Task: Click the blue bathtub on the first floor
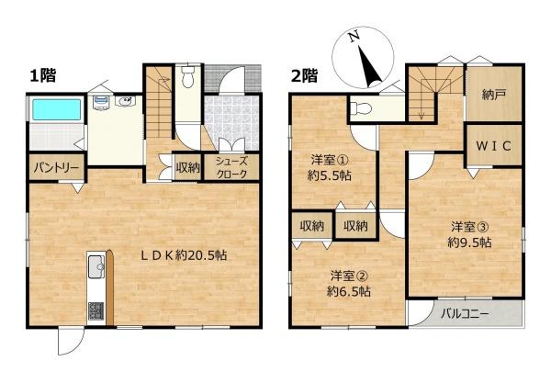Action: pyautogui.click(x=57, y=109)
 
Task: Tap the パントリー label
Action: pyautogui.click(x=56, y=168)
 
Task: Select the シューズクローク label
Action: pyautogui.click(x=231, y=168)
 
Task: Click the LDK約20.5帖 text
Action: pyautogui.click(x=184, y=255)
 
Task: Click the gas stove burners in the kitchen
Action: pyautogui.click(x=96, y=310)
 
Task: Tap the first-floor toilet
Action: pyautogui.click(x=188, y=76)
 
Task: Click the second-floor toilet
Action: pyautogui.click(x=361, y=107)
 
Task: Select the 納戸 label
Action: pyautogui.click(x=494, y=95)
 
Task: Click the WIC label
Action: pyautogui.click(x=493, y=146)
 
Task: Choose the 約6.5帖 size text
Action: pyautogui.click(x=349, y=291)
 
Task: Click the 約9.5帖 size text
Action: pyautogui.click(x=469, y=242)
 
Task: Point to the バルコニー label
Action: pyautogui.click(x=465, y=313)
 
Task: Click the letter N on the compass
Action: pyautogui.click(x=354, y=36)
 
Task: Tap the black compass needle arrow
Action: pyautogui.click(x=370, y=68)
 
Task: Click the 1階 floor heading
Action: pyautogui.click(x=43, y=75)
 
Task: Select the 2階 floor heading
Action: pyautogui.click(x=304, y=75)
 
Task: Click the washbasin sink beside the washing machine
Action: pyautogui.click(x=126, y=102)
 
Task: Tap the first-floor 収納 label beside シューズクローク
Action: pyautogui.click(x=188, y=168)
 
